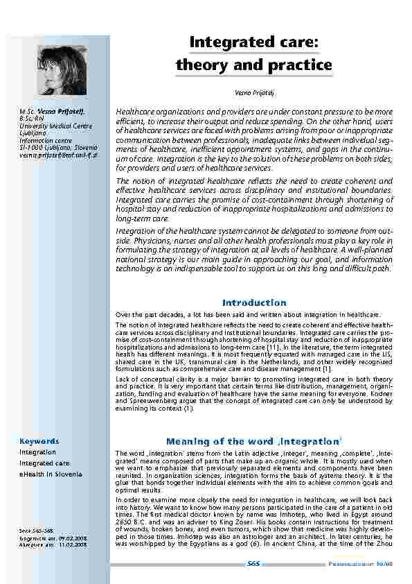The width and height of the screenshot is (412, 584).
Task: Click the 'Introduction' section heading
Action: [254, 303]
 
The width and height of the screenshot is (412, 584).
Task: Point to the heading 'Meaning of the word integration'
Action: [254, 441]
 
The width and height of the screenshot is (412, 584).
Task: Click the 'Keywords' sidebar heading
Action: [39, 441]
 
